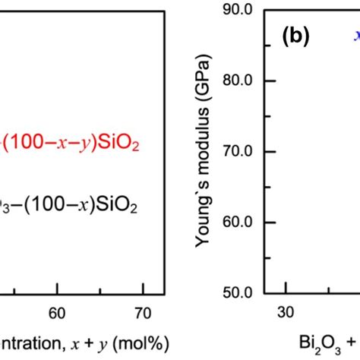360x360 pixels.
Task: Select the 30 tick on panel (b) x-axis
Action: [286, 312]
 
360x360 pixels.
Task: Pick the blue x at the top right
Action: [354, 35]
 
